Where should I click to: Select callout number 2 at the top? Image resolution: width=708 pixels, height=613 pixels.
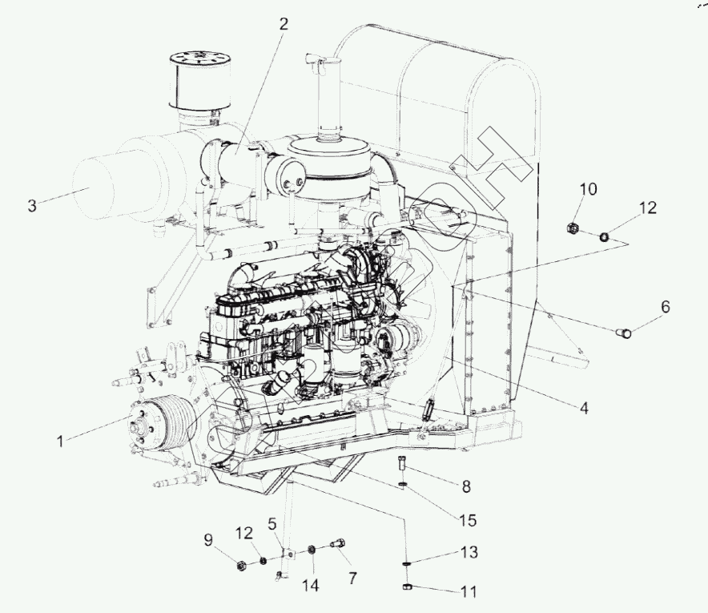[283, 24]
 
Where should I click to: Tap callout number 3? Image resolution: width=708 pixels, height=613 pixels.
[32, 205]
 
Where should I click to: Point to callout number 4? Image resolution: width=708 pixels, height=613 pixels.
[584, 408]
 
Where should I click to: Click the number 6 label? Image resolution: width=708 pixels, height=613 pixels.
[665, 306]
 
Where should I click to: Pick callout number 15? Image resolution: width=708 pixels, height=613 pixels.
[468, 520]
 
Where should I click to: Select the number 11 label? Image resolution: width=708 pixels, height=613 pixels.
[469, 592]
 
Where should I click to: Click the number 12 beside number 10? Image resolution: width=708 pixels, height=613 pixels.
[648, 208]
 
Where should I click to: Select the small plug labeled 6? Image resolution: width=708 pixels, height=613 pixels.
[625, 331]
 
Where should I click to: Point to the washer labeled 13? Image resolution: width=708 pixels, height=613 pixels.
[406, 564]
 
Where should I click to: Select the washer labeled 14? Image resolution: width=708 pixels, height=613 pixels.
[312, 550]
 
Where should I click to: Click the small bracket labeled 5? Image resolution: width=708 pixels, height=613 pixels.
[286, 554]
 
